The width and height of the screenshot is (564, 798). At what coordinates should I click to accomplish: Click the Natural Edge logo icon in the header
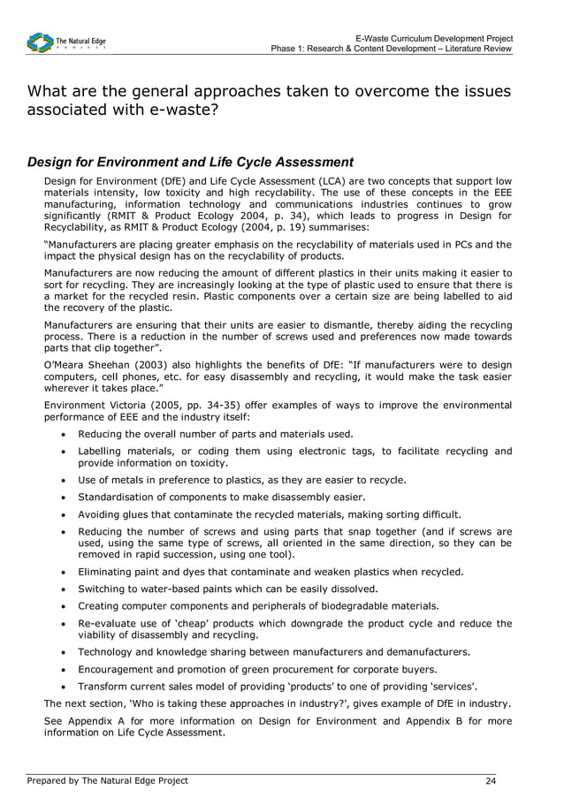(40, 42)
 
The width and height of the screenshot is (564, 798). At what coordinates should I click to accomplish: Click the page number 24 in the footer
(491, 780)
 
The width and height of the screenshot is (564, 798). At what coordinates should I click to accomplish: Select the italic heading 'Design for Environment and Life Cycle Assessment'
(190, 162)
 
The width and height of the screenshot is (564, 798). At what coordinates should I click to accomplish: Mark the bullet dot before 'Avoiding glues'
(65, 514)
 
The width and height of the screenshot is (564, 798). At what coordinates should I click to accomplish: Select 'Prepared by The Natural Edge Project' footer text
(107, 780)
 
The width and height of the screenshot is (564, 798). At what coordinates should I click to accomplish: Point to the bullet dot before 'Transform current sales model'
(65, 687)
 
